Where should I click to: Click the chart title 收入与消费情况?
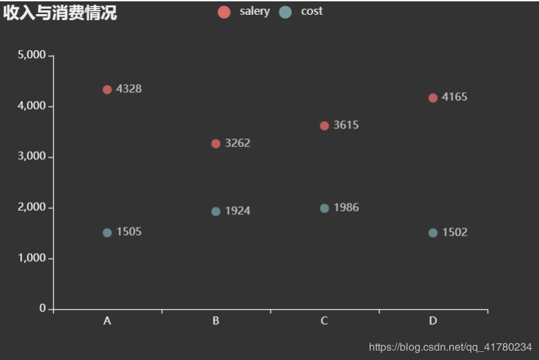[60, 13]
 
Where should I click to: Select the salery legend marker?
[224, 12]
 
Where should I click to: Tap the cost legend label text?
[311, 11]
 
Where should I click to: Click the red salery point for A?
[107, 90]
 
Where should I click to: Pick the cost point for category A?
[107, 233]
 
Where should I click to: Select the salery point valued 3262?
[216, 144]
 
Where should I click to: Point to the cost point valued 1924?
[216, 211]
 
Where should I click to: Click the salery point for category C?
[325, 126]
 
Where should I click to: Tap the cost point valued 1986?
[325, 208]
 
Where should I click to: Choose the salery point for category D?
[433, 98]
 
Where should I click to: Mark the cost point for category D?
[433, 233]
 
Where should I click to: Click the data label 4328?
[129, 89]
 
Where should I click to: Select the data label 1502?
[455, 233]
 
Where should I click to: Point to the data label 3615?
[346, 125]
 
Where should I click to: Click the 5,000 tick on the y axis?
[31, 55]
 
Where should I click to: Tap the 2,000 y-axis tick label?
[31, 207]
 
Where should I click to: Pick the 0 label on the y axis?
[42, 308]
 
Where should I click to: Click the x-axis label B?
[216, 321]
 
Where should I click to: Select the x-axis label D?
[433, 321]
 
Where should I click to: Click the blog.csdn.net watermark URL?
[450, 347]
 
